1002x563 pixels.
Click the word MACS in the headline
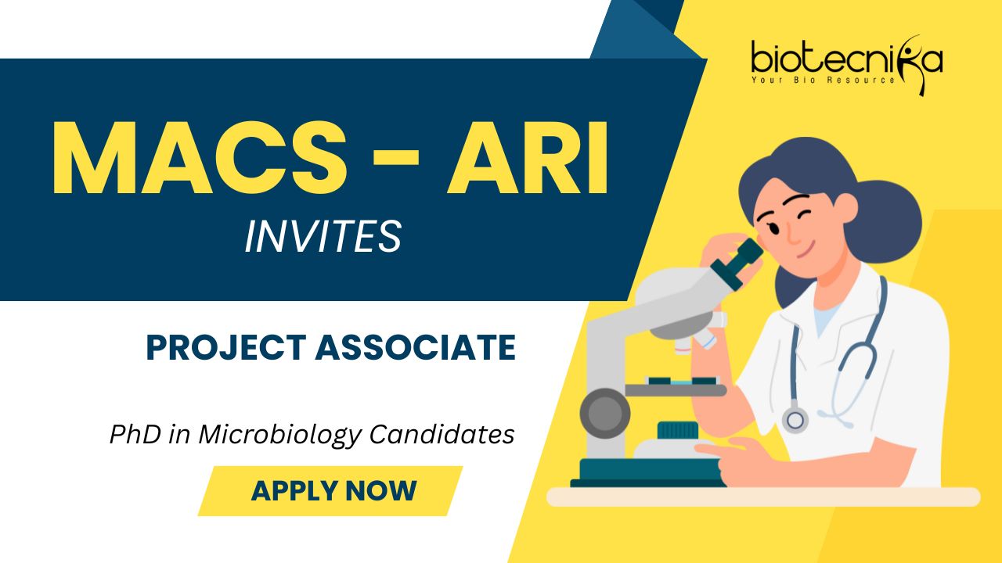coord(200,158)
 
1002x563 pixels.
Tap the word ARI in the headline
coord(528,158)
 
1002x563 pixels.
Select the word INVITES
coord(323,236)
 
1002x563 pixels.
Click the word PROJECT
coord(226,348)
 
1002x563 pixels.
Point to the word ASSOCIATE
coord(416,348)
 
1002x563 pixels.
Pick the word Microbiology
coord(280,435)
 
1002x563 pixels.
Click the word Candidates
coord(442,434)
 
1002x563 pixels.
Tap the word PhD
coord(135,434)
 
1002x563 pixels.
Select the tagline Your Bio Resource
coord(823,80)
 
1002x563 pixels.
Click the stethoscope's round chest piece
coord(795,420)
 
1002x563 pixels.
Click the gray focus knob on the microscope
coord(605,413)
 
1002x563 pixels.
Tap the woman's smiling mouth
coord(805,252)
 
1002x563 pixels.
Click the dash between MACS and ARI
coord(396,158)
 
